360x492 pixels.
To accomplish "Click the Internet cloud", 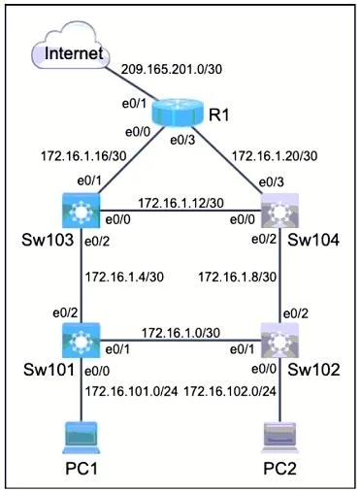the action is point(70,46).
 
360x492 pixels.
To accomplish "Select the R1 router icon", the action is point(178,113).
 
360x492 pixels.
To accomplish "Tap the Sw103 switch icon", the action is point(81,211).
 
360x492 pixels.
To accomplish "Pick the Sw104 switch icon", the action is point(279,211).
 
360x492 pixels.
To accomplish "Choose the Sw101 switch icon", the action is point(81,340).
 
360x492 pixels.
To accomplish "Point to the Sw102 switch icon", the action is point(279,340).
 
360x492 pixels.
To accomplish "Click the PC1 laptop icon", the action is point(82,438).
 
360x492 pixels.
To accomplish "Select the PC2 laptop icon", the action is point(280,438).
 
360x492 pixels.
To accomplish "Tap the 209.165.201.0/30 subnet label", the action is point(172,69).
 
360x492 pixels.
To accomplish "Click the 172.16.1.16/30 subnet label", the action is point(83,156).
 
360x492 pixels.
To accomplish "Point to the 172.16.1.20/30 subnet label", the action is point(275,156).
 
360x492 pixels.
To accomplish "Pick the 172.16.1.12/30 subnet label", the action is point(180,203).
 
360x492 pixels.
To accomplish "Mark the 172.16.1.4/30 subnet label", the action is point(124,278).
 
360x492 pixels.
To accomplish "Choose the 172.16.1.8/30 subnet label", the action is point(238,278).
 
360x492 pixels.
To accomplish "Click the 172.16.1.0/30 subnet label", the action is point(180,333).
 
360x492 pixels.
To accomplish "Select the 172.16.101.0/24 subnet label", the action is point(131,392).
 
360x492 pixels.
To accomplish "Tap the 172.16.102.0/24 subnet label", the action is point(230,392).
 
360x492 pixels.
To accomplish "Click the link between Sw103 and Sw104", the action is point(180,211).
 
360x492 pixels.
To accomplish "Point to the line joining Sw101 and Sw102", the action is point(180,341).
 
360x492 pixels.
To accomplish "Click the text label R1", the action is point(218,115).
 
